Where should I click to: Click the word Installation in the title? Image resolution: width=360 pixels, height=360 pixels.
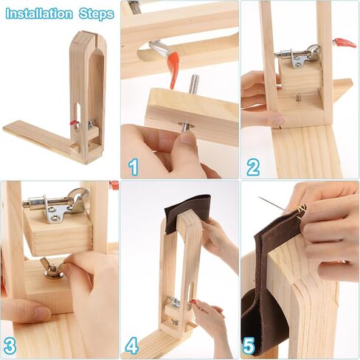39,14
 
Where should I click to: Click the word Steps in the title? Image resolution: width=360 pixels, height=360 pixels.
97,14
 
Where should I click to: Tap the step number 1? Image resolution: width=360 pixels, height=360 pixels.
134,167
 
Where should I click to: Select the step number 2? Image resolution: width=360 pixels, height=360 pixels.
253,167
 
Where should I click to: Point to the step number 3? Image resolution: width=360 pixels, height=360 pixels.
10,345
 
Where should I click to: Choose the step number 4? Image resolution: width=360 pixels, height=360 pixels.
131,345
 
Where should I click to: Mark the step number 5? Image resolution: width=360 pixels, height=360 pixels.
249,345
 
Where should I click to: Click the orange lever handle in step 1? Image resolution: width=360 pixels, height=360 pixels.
175,69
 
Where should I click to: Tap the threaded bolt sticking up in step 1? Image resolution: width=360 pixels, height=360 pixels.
194,84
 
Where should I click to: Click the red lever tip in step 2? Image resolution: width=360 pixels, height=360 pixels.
346,43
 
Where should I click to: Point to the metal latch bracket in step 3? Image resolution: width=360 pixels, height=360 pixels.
57,204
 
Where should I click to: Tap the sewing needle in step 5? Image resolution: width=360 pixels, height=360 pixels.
274,204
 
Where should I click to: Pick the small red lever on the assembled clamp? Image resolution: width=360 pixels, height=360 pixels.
73,122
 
